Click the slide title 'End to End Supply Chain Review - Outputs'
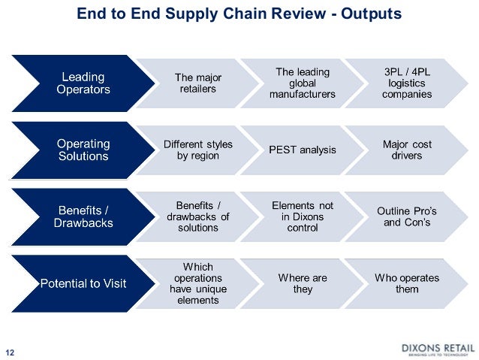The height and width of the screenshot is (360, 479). click(x=239, y=14)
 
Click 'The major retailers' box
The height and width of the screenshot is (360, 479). click(x=198, y=83)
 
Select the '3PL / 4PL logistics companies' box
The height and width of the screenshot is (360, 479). click(x=407, y=83)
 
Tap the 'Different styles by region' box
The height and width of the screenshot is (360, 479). click(x=198, y=150)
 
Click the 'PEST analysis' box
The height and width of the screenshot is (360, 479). click(x=303, y=150)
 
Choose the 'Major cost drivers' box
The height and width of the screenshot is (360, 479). click(x=407, y=150)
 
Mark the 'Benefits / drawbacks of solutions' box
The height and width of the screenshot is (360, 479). click(x=198, y=216)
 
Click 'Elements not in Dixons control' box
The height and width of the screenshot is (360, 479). click(x=303, y=216)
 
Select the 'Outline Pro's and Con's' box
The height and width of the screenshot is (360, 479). click(x=407, y=216)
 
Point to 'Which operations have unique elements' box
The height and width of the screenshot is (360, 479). click(x=198, y=283)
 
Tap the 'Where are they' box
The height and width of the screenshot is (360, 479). click(x=303, y=283)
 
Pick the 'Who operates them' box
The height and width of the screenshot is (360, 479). click(x=407, y=283)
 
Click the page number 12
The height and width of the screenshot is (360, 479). click(x=11, y=350)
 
